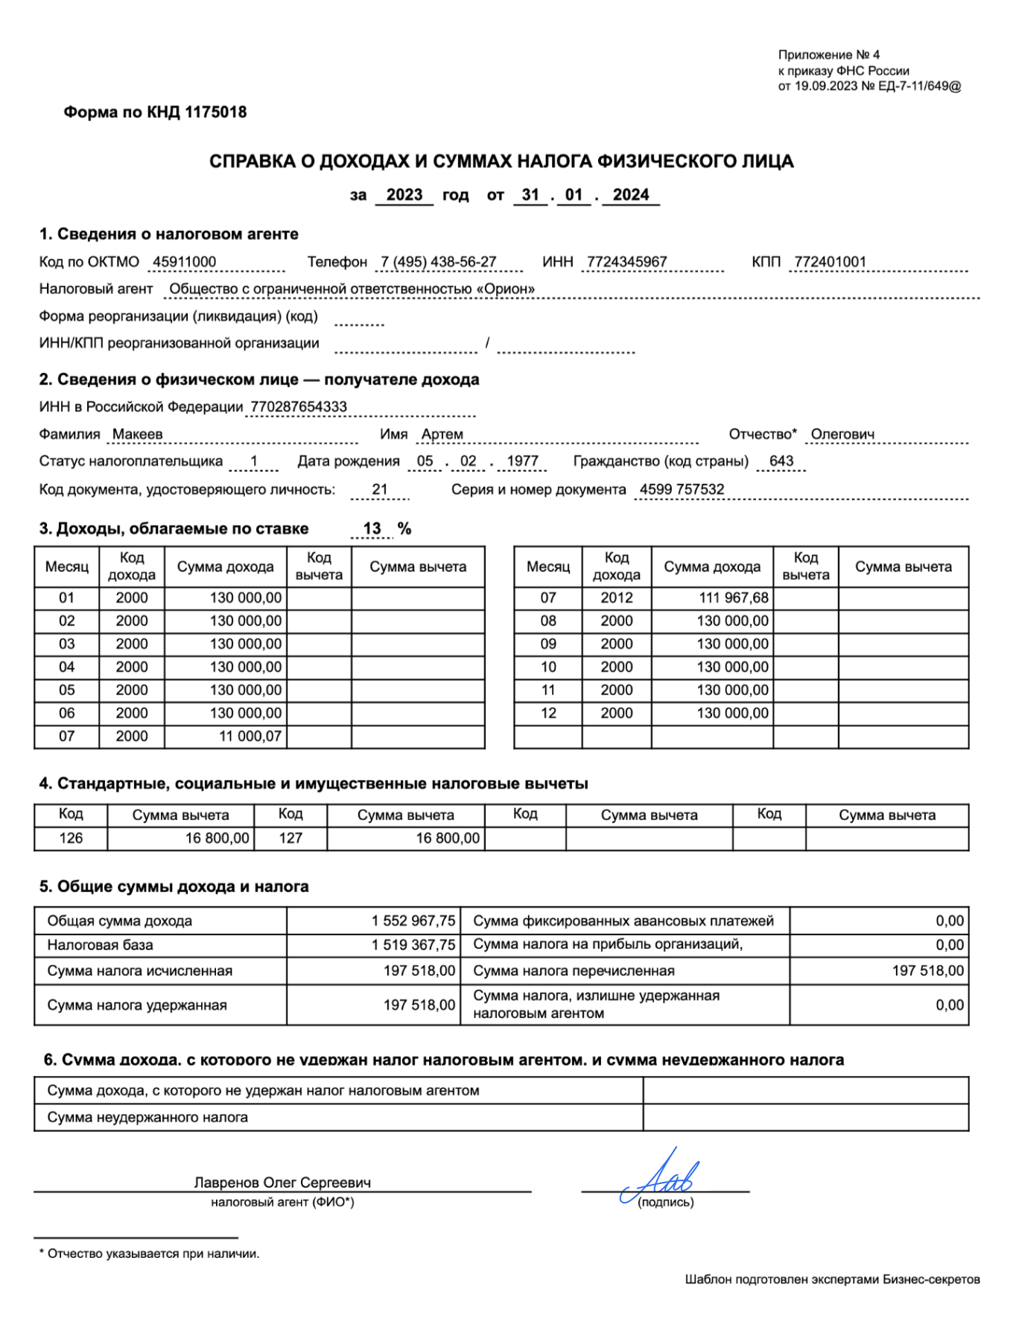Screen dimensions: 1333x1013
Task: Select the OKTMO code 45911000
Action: pos(184,262)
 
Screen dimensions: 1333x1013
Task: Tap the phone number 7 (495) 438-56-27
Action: pos(438,262)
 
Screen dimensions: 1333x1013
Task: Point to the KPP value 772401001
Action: pos(830,262)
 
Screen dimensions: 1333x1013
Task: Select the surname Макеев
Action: pos(137,434)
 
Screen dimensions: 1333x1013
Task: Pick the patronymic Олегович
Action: pos(842,434)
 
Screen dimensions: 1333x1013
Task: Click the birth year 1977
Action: pos(522,461)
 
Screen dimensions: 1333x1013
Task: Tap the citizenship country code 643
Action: pos(781,461)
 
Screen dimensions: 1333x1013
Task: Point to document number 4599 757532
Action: pos(682,489)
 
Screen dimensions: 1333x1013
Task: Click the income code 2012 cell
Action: pos(617,598)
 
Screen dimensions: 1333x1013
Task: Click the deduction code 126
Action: pos(71,839)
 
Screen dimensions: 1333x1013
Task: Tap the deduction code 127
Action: pos(290,839)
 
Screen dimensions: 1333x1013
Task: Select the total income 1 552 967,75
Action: pos(413,921)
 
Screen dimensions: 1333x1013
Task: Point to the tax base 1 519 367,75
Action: pos(413,945)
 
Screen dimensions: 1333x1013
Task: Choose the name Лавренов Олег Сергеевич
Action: pos(282,1183)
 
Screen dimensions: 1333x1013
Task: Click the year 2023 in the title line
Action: pos(404,195)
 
